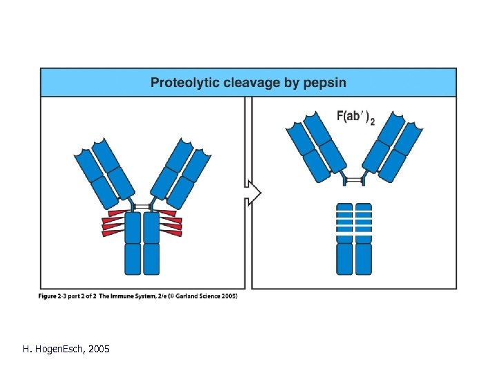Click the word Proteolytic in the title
[x=183, y=84]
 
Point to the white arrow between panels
[x=253, y=192]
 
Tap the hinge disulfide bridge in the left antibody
[x=142, y=207]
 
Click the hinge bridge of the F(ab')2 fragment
[x=353, y=180]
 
